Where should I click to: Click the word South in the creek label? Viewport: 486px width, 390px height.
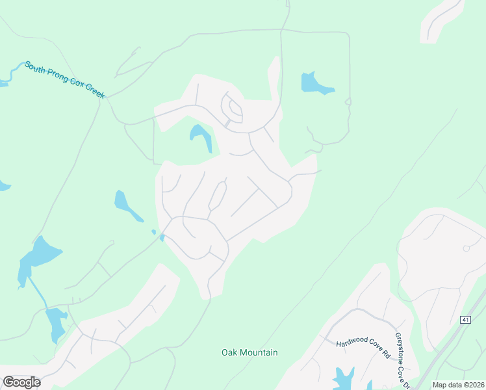click(x=36, y=68)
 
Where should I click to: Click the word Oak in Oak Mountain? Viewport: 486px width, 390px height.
click(x=229, y=353)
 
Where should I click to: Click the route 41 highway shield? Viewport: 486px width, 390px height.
click(x=465, y=320)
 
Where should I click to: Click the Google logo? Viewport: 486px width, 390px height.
click(x=21, y=382)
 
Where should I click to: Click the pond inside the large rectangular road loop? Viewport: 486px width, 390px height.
click(x=316, y=83)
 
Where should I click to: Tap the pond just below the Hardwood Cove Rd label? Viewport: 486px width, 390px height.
click(x=342, y=377)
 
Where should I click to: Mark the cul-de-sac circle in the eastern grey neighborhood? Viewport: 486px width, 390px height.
click(x=466, y=248)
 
